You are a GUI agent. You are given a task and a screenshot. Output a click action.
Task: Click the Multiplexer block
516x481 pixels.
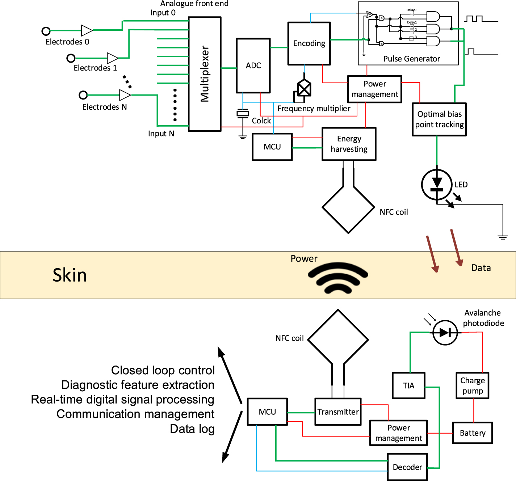pyautogui.click(x=205, y=74)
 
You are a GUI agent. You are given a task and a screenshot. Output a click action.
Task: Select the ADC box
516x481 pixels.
pyautogui.click(x=253, y=66)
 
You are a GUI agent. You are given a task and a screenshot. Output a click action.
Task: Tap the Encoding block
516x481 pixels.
pyautogui.click(x=309, y=43)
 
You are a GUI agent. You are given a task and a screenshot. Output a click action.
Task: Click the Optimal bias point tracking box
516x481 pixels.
pyautogui.click(x=439, y=119)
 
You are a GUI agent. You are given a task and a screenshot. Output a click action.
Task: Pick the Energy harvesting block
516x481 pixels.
pyautogui.click(x=349, y=144)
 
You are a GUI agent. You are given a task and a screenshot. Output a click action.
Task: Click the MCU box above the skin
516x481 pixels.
pyautogui.click(x=272, y=147)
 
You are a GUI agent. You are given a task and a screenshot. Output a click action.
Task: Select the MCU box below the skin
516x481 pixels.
pyautogui.click(x=267, y=412)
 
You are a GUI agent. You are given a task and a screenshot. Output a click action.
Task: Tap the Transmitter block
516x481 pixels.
pyautogui.click(x=338, y=412)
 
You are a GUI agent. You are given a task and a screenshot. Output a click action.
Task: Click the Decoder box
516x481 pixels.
pyautogui.click(x=407, y=467)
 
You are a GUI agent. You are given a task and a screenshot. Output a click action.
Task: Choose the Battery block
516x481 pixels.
pyautogui.click(x=472, y=433)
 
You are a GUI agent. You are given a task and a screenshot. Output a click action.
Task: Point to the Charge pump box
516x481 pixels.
pyautogui.click(x=472, y=386)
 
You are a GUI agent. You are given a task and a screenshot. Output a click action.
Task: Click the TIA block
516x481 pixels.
pyautogui.click(x=408, y=386)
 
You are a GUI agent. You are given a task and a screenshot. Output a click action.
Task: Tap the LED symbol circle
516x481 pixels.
pyautogui.click(x=437, y=185)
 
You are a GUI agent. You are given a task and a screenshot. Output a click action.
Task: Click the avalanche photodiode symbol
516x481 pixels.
pyautogui.click(x=445, y=332)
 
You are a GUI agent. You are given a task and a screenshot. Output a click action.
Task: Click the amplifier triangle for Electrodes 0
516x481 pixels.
pyautogui.click(x=86, y=31)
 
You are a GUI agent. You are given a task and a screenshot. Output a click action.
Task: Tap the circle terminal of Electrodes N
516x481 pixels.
pyautogui.click(x=83, y=95)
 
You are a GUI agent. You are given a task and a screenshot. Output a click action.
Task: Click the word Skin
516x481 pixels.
pyautogui.click(x=70, y=275)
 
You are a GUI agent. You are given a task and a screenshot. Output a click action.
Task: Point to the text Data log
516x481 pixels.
pyautogui.click(x=192, y=429)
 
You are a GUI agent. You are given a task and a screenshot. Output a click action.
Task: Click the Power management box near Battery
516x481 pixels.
pyautogui.click(x=398, y=433)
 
